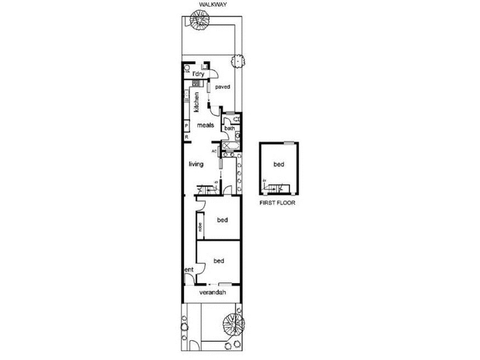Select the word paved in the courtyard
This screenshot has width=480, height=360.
click(223, 86)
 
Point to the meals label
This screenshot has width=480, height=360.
click(206, 125)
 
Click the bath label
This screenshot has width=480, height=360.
click(229, 128)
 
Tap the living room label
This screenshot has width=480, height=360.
click(196, 164)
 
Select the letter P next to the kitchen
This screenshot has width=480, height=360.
click(187, 125)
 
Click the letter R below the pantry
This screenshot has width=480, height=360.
click(187, 137)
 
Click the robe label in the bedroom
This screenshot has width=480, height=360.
click(200, 228)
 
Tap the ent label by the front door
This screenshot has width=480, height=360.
click(188, 269)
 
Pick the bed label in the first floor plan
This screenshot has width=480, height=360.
click(279, 164)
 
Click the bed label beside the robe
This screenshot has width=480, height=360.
click(222, 220)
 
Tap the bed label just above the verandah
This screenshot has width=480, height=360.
click(219, 261)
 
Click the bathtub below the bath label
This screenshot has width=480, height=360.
click(230, 146)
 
